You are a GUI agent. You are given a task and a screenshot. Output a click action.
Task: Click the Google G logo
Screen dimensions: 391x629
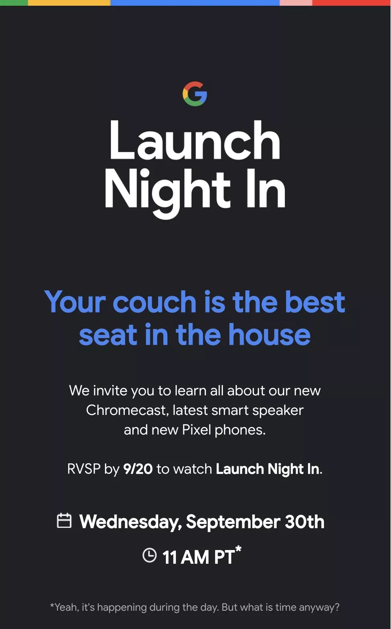coord(195,94)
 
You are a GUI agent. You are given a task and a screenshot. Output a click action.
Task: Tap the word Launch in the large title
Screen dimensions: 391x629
coord(195,140)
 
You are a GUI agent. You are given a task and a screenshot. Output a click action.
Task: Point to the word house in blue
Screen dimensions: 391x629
coord(270,334)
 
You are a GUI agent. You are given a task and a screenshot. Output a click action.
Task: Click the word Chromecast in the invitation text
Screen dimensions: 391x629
coord(128,410)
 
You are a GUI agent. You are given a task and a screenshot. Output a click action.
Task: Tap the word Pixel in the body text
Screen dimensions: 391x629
coord(196,430)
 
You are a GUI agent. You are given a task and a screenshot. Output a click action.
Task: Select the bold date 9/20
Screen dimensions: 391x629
coord(138,469)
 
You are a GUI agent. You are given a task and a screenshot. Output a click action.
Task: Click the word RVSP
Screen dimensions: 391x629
coord(84,469)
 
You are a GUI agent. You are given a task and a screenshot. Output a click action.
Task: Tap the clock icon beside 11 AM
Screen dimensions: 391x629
coord(149,555)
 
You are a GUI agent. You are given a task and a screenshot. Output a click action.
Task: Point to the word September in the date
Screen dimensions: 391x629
coord(233,522)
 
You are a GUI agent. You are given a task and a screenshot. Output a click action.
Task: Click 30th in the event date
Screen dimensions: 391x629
coord(305,521)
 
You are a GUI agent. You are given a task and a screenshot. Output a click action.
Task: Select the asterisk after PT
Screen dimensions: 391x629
coord(238,549)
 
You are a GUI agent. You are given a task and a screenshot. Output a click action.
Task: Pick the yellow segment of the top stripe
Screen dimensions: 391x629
coord(69,2)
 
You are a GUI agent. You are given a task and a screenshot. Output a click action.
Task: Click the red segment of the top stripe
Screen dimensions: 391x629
coord(352,2)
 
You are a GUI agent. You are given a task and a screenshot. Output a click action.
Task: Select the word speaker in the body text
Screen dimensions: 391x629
coord(278,411)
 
